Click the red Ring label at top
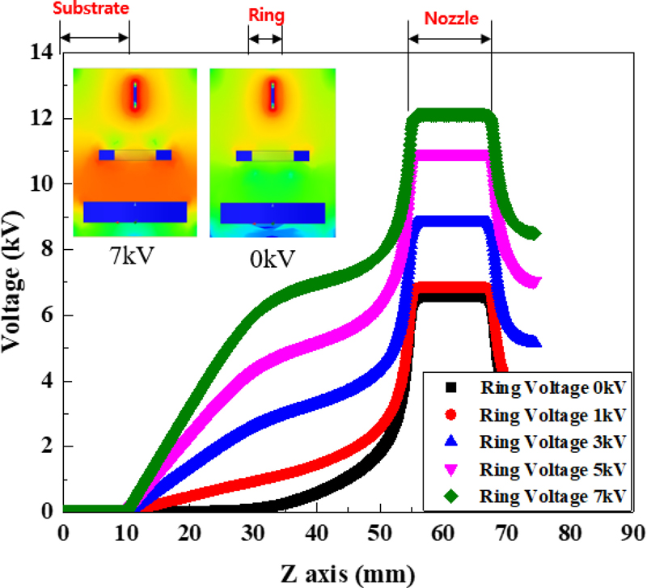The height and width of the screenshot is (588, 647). pos(265,13)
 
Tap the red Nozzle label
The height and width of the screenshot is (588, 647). pos(449,15)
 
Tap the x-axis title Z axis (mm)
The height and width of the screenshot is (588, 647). pos(349,573)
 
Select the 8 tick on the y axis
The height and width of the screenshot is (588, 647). pos(45,249)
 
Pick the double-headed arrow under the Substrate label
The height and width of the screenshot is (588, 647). pos(95,37)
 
